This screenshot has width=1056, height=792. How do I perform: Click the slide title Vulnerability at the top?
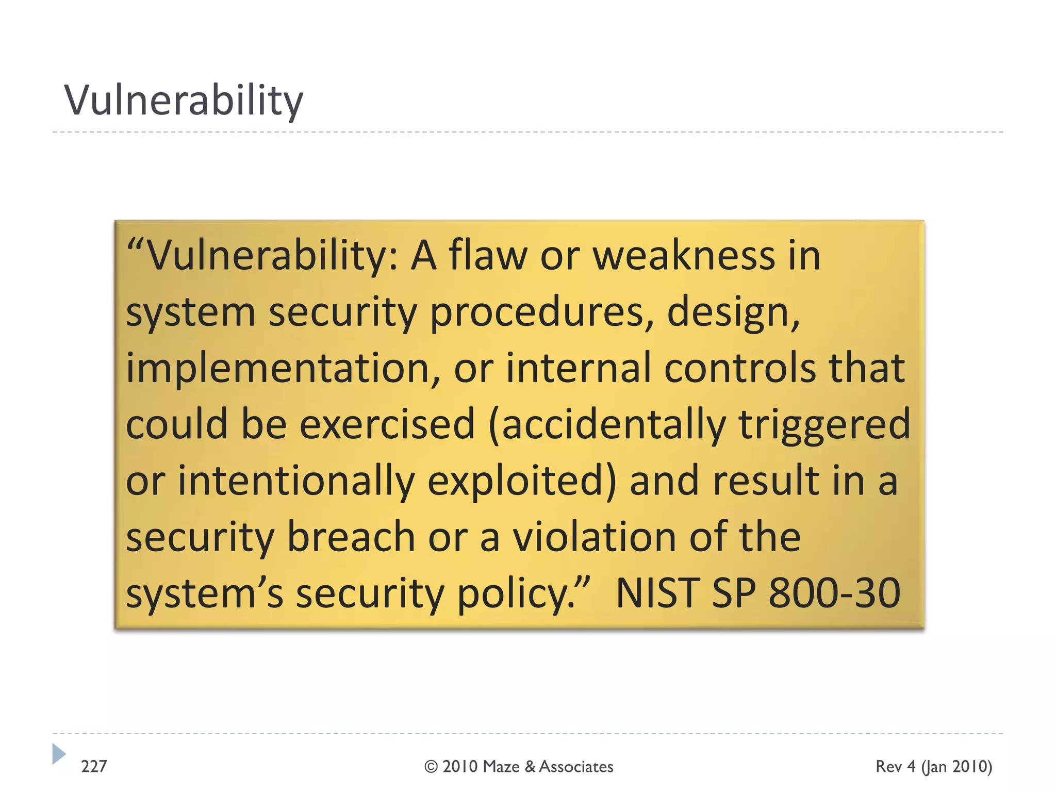184,101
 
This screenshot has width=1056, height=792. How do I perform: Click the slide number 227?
94,767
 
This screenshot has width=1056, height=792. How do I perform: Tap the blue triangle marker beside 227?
59,754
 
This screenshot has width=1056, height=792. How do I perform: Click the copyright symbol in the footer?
431,767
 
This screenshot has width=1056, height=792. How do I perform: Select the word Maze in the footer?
501,767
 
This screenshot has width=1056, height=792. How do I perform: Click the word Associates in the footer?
576,767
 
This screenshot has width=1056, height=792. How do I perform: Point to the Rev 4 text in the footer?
896,767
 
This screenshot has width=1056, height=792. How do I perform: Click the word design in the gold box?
732,313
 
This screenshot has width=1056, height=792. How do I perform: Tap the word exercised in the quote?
387,424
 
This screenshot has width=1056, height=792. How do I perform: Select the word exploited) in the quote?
521,481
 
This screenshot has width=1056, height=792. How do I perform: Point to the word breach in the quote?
351,537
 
